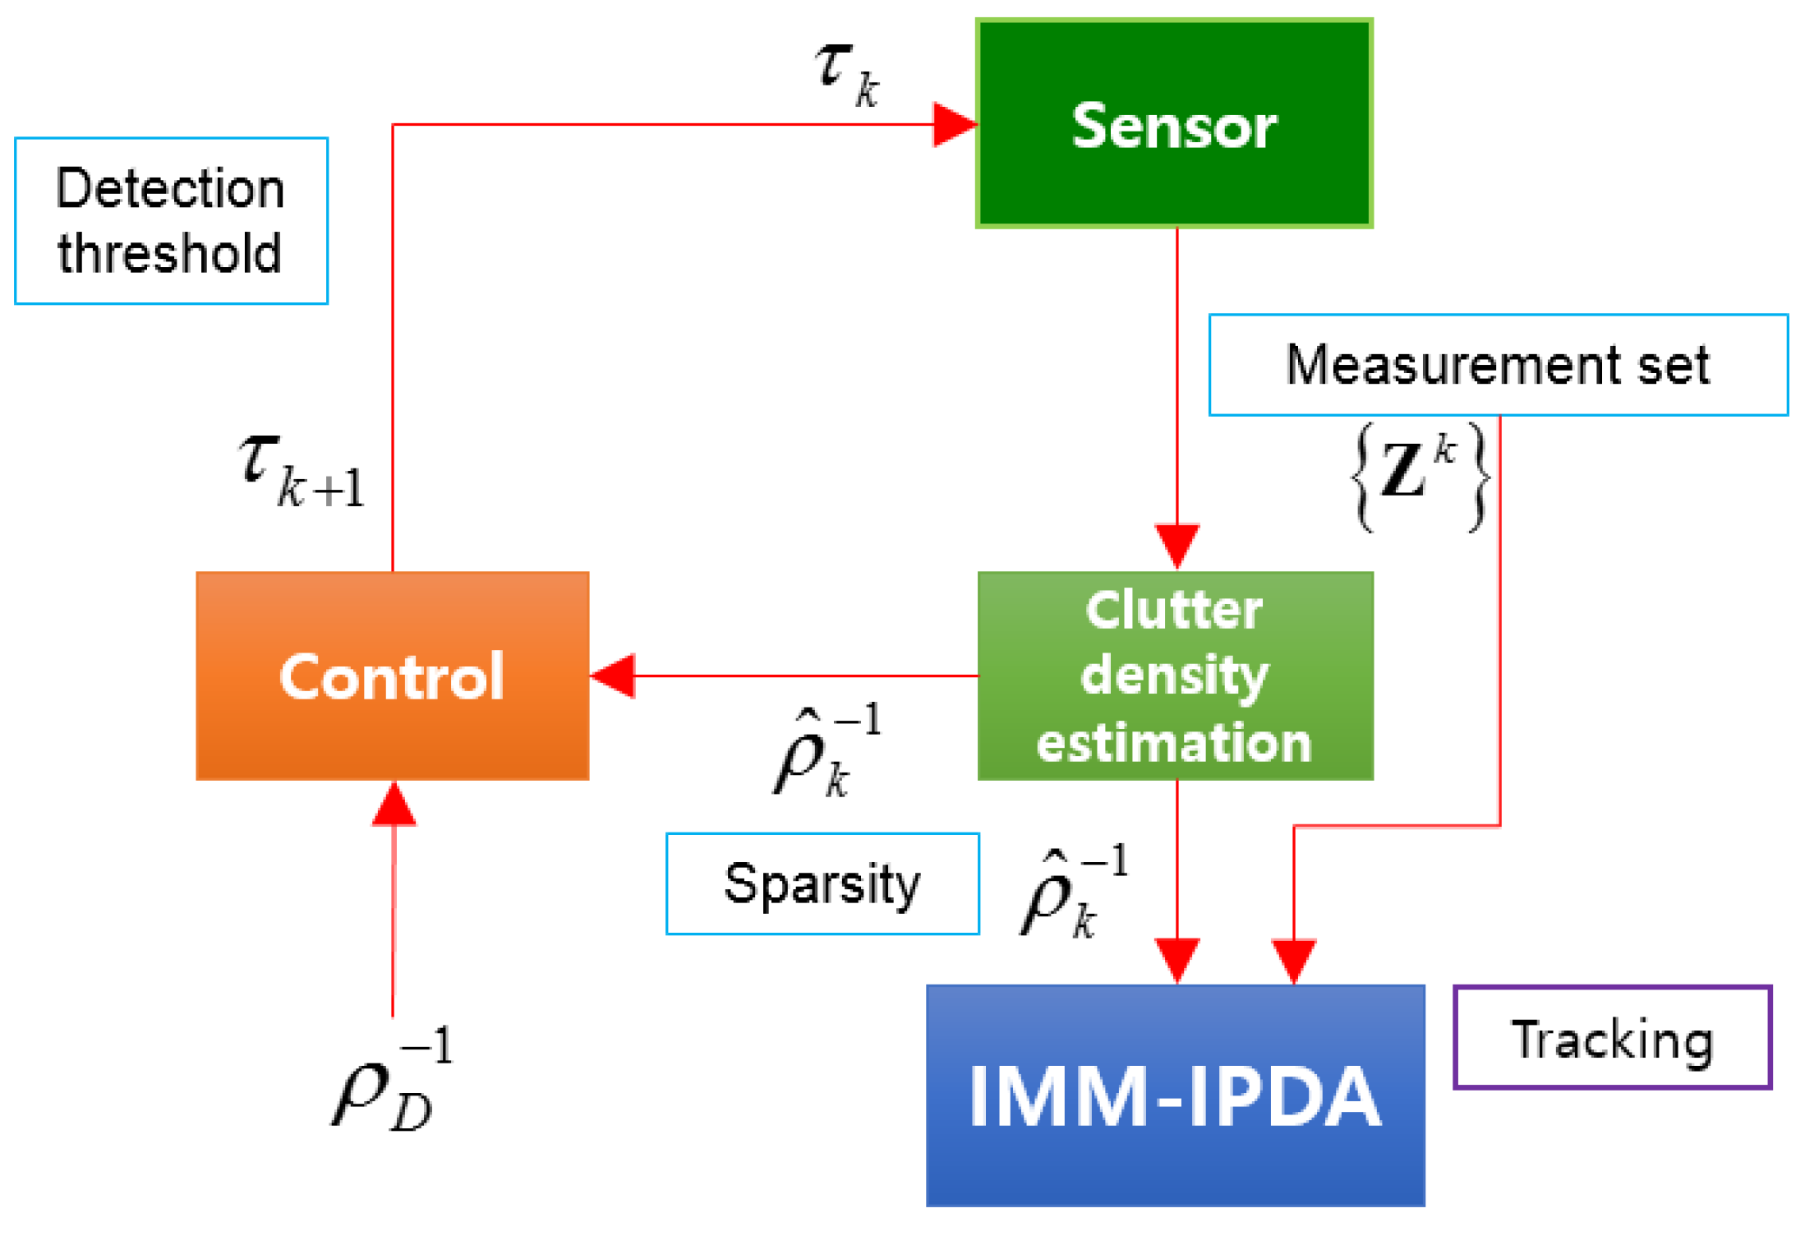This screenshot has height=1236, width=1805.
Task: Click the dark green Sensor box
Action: coord(1173,123)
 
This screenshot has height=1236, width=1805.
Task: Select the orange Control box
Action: coord(392,676)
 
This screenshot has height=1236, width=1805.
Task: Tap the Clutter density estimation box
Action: coord(1175,676)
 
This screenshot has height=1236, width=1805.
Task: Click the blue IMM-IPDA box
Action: coord(1175,1095)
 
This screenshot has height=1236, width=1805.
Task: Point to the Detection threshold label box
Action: coord(171,220)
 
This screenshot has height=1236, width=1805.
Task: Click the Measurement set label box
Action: coord(1498,364)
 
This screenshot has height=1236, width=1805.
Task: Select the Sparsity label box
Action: coord(822,883)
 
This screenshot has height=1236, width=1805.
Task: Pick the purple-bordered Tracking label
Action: coord(1612,1037)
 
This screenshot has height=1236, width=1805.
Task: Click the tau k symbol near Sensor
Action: coord(846,74)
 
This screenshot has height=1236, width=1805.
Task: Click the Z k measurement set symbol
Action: coord(1420,475)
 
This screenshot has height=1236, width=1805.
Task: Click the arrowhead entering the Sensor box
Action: coord(955,125)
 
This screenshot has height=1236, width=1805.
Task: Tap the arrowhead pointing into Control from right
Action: coord(613,676)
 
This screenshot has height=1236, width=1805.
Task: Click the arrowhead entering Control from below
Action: coord(394,804)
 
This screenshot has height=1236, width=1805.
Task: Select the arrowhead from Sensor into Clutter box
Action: coord(1176,545)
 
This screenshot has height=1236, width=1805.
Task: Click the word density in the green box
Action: coord(1175,676)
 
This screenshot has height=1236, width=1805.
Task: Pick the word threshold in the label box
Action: coord(170,252)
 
